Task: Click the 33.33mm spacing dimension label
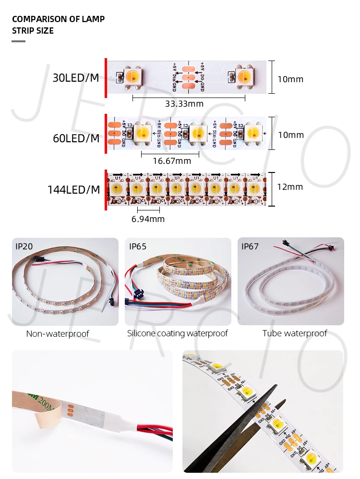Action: pyautogui.click(x=184, y=104)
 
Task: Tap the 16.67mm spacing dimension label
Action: pyautogui.click(x=171, y=160)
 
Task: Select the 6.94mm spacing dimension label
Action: pyautogui.click(x=148, y=219)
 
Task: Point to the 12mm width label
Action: pyautogui.click(x=290, y=187)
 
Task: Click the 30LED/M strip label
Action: pyautogui.click(x=76, y=78)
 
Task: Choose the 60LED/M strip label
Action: pyautogui.click(x=76, y=139)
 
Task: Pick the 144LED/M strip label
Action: pyautogui.click(x=73, y=190)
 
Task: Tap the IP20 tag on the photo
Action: pyautogui.click(x=24, y=246)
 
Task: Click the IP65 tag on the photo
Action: pyautogui.click(x=138, y=246)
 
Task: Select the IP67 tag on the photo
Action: pyautogui.click(x=250, y=246)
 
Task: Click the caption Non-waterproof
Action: pyautogui.click(x=58, y=334)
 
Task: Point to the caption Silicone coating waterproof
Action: pyautogui.click(x=178, y=333)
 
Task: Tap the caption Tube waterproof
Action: pyautogui.click(x=295, y=333)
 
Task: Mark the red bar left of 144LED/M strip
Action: pyautogui.click(x=106, y=190)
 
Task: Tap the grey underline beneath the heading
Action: pyautogui.click(x=18, y=41)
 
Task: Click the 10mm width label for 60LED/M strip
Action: pyautogui.click(x=291, y=135)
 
